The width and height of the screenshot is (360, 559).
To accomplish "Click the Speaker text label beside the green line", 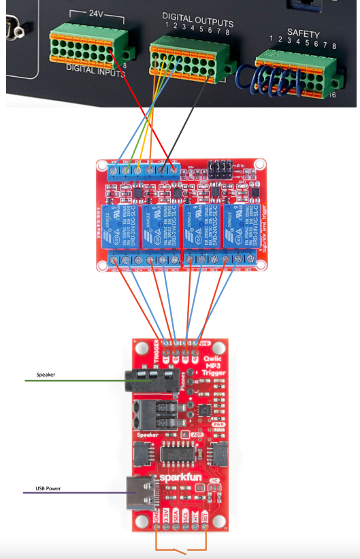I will click(46, 375).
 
